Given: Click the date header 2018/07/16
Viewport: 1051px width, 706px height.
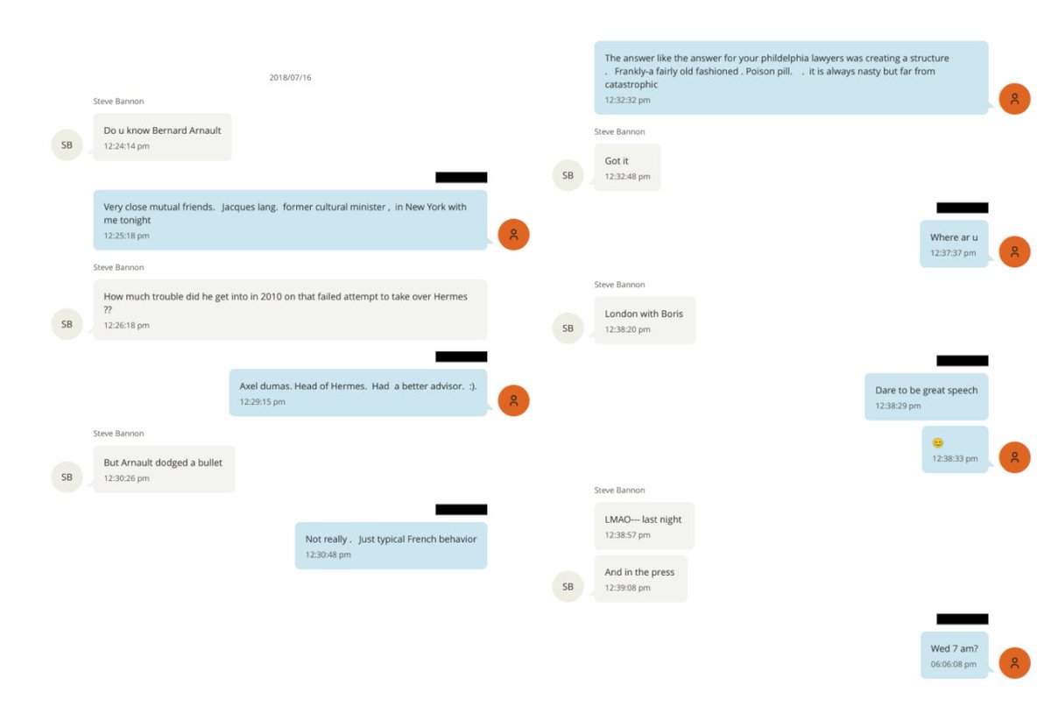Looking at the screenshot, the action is point(290,77).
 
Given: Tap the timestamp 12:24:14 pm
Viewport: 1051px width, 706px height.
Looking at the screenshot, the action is point(126,146).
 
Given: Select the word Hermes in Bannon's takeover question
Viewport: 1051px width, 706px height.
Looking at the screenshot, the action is point(450,296).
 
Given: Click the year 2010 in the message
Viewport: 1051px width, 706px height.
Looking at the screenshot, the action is point(272,296).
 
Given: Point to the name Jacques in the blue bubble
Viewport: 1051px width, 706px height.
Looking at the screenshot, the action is point(237,207).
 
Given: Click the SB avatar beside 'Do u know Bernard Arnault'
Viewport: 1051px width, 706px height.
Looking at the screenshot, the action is point(67,145).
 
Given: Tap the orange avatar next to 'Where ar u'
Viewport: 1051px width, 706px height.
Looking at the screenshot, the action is point(1014,252).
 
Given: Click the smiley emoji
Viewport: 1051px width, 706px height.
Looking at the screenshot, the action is point(937,443).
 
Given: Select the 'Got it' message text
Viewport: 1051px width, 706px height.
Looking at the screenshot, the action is point(616,161).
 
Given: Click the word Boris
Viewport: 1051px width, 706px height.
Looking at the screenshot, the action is point(672,314).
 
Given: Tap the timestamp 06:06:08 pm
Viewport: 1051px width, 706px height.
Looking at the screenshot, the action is point(954,664).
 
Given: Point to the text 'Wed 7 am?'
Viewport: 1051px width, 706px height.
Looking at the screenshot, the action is point(955,649).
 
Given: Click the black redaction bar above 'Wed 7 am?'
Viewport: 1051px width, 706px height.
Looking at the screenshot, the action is point(963,618).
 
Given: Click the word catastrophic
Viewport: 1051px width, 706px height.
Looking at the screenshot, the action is point(631,85).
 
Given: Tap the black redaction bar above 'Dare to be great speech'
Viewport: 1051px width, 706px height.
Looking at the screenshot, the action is point(963,360).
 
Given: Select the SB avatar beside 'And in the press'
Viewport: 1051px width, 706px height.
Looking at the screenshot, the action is point(568,586).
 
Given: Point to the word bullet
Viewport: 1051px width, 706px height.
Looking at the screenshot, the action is point(209,463).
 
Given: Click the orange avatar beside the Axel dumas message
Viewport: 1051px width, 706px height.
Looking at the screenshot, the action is point(513,400).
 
